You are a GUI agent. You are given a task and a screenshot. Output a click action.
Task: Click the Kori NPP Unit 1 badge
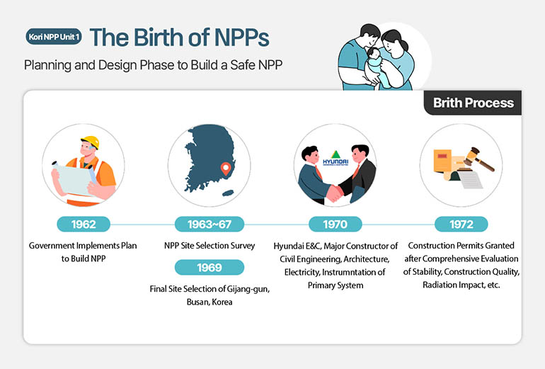pos(54,37)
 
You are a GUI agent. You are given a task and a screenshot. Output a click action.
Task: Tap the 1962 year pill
pos(83,225)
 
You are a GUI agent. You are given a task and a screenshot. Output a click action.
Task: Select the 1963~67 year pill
pos(210,225)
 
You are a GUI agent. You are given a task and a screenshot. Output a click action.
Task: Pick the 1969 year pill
pos(210,267)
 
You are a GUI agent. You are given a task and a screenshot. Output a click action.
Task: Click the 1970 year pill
pos(335,225)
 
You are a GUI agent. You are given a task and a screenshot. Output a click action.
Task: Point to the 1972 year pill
pos(461,225)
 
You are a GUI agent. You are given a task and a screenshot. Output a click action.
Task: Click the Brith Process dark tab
pos(473,103)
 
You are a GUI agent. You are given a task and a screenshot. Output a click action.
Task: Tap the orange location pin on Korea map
pos(226,169)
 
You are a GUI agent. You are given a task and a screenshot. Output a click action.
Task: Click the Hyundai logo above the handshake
pos(335,159)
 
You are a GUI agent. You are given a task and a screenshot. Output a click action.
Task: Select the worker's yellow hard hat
pos(90,141)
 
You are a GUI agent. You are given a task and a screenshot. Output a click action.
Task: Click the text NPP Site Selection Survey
pos(210,246)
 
